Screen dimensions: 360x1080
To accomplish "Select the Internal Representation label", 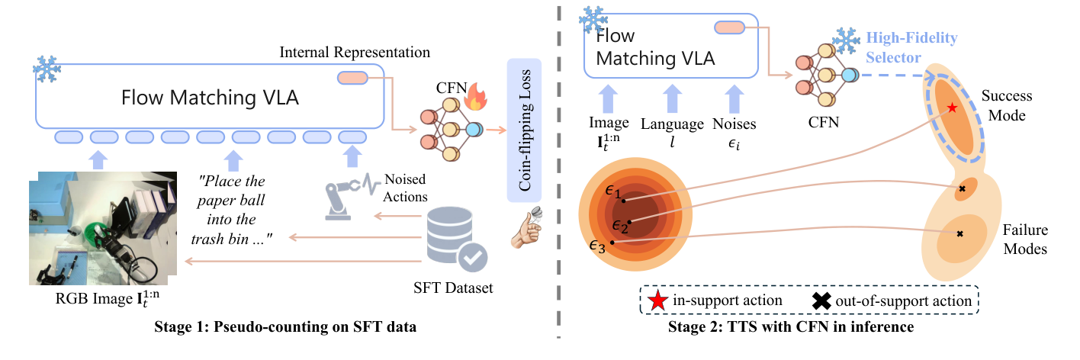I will coord(355,53).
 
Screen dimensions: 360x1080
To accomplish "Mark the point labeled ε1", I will coord(624,201).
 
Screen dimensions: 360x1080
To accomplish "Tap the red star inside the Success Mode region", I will coord(953,108).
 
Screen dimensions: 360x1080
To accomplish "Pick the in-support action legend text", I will coord(727,301).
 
